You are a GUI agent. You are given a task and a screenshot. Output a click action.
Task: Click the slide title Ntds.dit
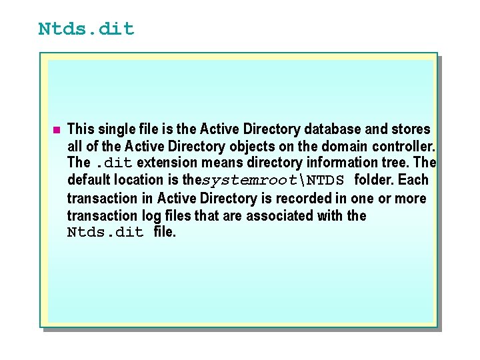click(86, 29)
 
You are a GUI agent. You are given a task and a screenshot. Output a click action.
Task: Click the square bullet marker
click(57, 129)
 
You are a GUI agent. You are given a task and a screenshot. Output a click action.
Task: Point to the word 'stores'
click(411, 129)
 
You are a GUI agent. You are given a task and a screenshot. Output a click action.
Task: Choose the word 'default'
click(90, 180)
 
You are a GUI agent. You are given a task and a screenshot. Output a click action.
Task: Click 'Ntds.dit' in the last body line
click(105, 233)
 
